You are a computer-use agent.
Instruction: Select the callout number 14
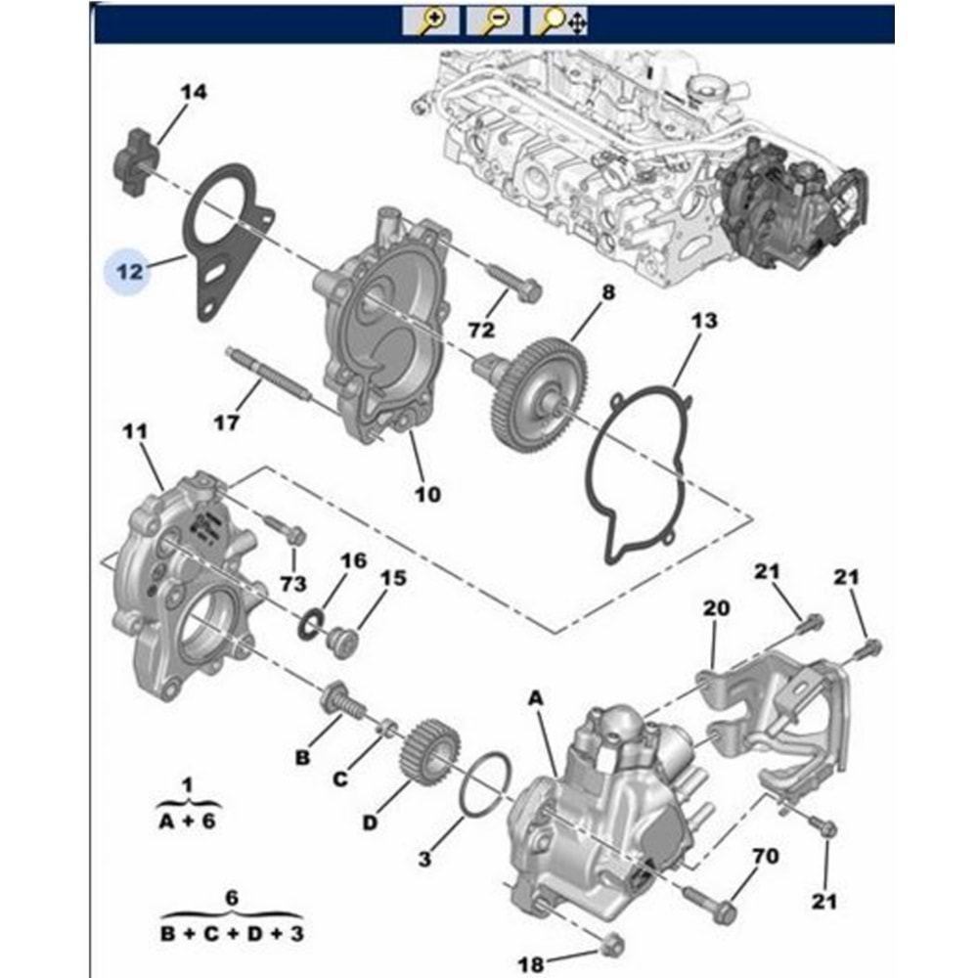(x=194, y=93)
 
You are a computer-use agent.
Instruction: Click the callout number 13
(x=703, y=321)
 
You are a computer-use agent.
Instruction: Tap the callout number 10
(x=426, y=494)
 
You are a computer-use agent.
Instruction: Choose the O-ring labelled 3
(x=486, y=787)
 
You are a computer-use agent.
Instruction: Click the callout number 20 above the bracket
(x=716, y=608)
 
